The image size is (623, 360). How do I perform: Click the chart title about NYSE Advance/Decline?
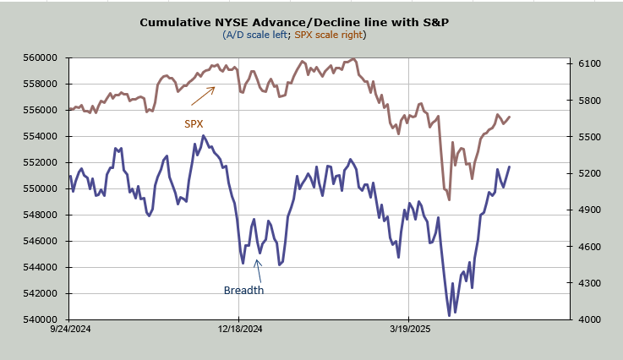pyautogui.click(x=294, y=22)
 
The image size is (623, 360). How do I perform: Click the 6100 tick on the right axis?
pyautogui.click(x=586, y=64)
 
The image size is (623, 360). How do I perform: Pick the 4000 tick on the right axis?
pyautogui.click(x=586, y=320)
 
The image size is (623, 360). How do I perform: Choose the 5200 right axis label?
pyautogui.click(x=586, y=174)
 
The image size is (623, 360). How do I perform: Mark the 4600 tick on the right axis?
pyautogui.click(x=586, y=247)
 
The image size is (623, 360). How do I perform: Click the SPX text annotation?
pyautogui.click(x=194, y=123)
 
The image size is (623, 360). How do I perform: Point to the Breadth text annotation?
pyautogui.click(x=243, y=291)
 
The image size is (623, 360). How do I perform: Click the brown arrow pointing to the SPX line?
pyautogui.click(x=203, y=95)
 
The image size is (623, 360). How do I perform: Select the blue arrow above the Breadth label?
pyautogui.click(x=259, y=270)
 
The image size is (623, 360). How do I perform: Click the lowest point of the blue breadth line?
pyautogui.click(x=448, y=315)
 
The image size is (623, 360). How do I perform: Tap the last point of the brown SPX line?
pyautogui.click(x=510, y=117)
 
